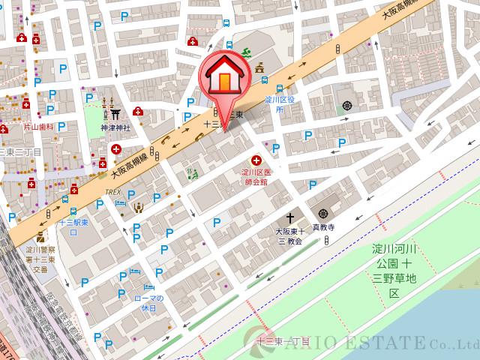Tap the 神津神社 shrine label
pos(115,128)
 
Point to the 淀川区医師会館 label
pos(255,177)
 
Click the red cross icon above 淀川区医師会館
pos(256,160)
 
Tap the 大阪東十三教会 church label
pos(289,235)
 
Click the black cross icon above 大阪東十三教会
pos(289,218)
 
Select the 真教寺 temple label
pos(322,226)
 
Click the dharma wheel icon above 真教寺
pos(322,213)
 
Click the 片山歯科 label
pos(38,127)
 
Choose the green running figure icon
pos(244,54)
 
